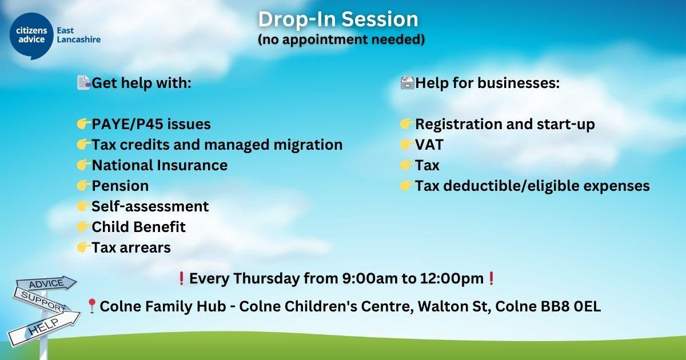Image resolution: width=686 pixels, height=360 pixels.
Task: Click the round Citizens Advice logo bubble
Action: [x=31, y=35]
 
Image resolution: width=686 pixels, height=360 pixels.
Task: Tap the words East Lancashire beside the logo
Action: [x=79, y=35]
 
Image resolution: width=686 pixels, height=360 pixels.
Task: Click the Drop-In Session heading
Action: [x=338, y=19]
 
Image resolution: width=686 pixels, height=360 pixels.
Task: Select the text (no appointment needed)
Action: [x=341, y=39]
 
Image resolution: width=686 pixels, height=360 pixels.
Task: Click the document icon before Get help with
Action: [x=83, y=83]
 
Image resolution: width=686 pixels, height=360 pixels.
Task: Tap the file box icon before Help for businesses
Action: [x=407, y=83]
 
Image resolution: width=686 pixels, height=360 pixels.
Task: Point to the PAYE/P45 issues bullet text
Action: [x=151, y=125]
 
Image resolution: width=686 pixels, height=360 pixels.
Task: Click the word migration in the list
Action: [x=308, y=145]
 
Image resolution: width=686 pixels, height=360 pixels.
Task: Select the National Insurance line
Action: [x=159, y=165]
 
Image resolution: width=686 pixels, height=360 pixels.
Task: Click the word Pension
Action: [x=121, y=186]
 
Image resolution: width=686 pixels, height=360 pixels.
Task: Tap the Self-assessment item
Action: [x=150, y=206]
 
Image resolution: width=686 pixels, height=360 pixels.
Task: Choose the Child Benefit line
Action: [x=139, y=227]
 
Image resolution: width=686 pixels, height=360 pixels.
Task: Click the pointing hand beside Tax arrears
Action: [x=83, y=247]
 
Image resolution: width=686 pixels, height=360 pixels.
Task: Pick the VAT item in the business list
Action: [x=429, y=145]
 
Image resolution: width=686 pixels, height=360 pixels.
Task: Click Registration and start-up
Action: [x=505, y=125]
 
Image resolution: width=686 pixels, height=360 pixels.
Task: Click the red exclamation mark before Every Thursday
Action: [x=181, y=278]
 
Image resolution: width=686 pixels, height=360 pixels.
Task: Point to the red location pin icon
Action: [x=91, y=306]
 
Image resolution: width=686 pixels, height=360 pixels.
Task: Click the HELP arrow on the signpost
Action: [x=44, y=329]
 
